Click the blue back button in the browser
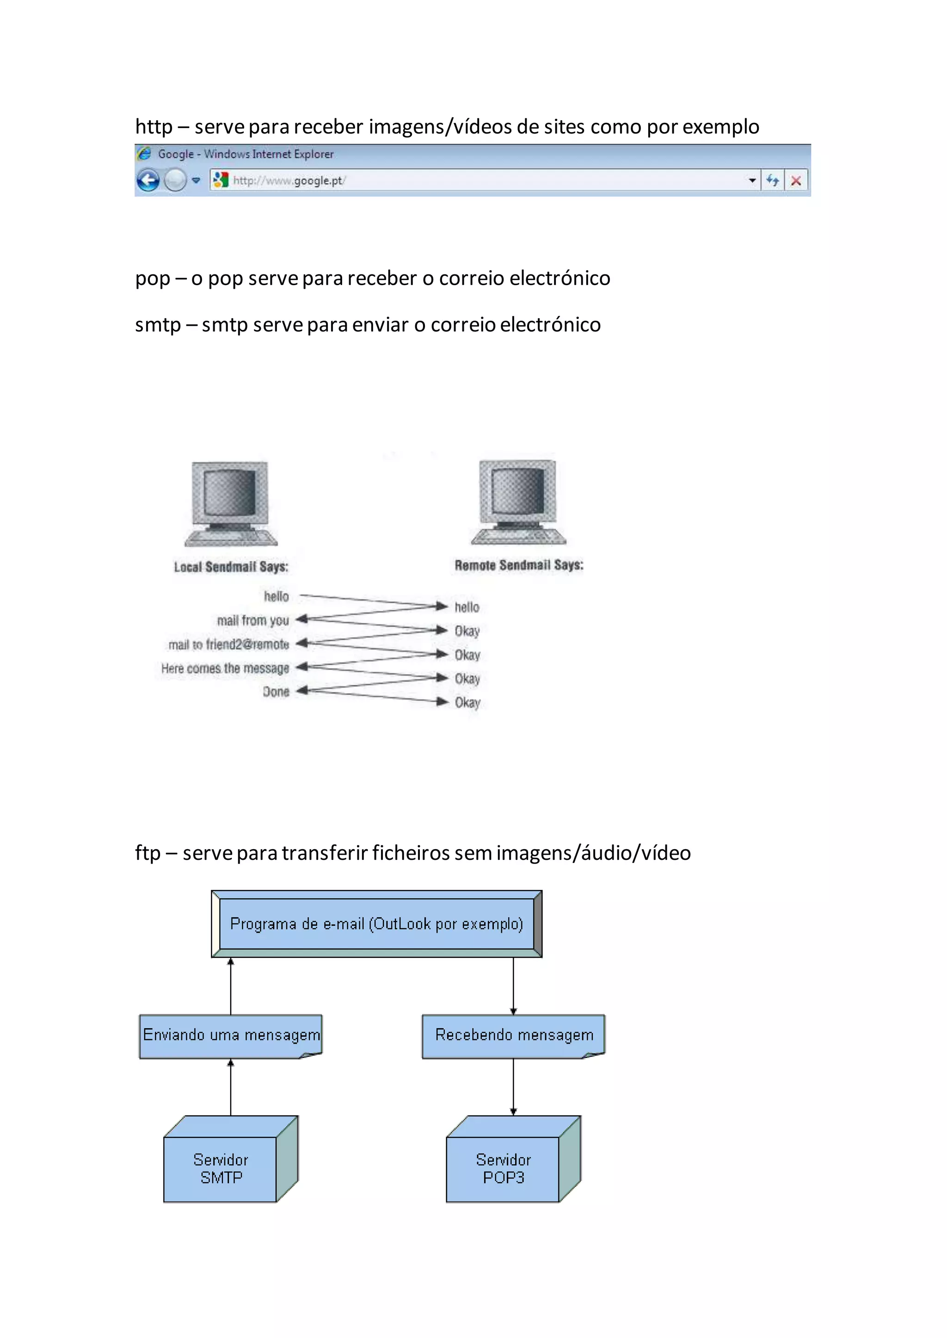pos(148,181)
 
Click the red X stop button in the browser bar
pos(796,181)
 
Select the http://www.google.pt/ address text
pos(289,181)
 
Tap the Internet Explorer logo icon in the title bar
pos(143,154)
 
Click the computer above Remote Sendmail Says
pos(518,502)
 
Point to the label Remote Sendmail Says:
pos(518,565)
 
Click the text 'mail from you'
pos(253,620)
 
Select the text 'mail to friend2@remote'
pos(228,645)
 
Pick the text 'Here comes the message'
pos(225,669)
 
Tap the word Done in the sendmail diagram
pos(276,692)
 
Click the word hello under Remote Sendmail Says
pos(467,607)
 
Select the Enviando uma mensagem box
pos(231,1035)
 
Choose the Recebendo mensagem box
pos(514,1035)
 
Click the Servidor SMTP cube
pos(221,1168)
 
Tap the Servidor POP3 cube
pos(504,1168)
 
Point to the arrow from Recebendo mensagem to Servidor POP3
pos(513,1087)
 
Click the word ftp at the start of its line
pos(148,852)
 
